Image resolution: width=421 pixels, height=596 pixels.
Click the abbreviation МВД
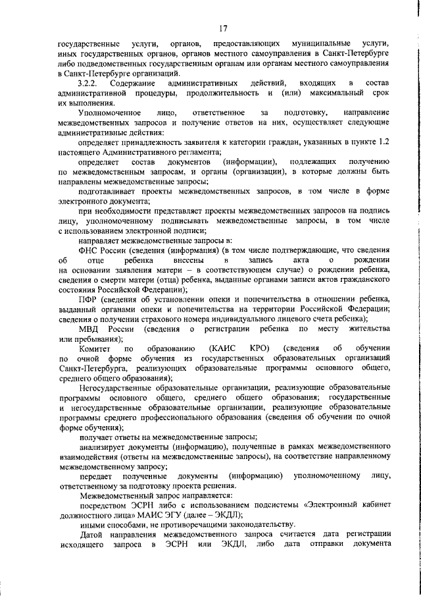click(89, 328)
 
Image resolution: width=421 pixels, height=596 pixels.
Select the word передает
click(96, 475)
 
